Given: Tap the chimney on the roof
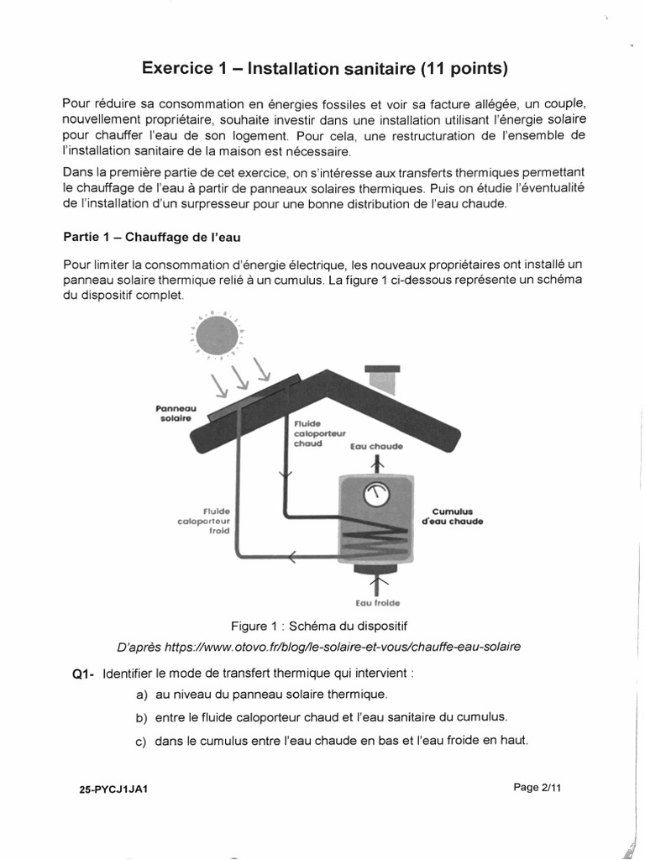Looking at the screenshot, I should pyautogui.click(x=382, y=379).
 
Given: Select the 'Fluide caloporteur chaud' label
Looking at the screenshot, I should pyautogui.click(x=315, y=434).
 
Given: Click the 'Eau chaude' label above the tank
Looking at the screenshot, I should pyautogui.click(x=376, y=446).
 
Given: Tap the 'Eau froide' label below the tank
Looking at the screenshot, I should pyautogui.click(x=376, y=602).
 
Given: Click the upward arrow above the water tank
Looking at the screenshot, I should pyautogui.click(x=376, y=463).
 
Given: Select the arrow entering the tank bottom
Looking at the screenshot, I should pyautogui.click(x=376, y=583).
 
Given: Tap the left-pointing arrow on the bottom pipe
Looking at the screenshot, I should pyautogui.click(x=291, y=555).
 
